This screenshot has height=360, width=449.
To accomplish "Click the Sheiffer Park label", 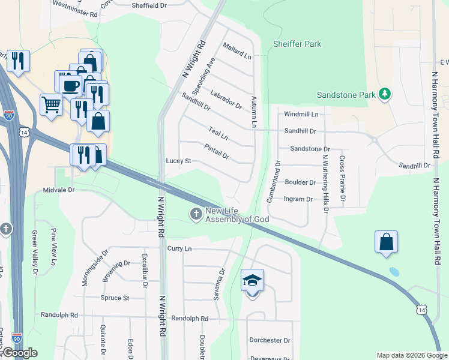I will pyautogui.click(x=297, y=44).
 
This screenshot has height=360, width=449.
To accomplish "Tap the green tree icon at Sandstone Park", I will pyautogui.click(x=385, y=94).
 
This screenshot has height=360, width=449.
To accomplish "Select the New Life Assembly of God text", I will pyautogui.click(x=237, y=215).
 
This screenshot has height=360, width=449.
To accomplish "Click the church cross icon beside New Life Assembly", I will pyautogui.click(x=196, y=214).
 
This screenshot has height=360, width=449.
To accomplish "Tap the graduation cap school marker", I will pyautogui.click(x=253, y=280).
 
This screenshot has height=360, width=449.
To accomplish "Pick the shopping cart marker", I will pyautogui.click(x=51, y=104).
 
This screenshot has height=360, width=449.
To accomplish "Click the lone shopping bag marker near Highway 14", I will pyautogui.click(x=387, y=242).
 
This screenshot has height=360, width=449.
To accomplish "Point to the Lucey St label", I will pyautogui.click(x=178, y=161).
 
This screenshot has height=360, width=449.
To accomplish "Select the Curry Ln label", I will pyautogui.click(x=179, y=248).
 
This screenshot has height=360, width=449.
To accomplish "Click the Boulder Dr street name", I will pyautogui.click(x=300, y=182).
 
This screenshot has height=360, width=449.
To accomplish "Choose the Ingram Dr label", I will pyautogui.click(x=298, y=199).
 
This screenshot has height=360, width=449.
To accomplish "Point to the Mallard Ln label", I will pyautogui.click(x=237, y=50).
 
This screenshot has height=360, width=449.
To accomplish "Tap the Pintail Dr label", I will pyautogui.click(x=217, y=151).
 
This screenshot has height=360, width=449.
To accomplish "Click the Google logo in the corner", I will pyautogui.click(x=20, y=353).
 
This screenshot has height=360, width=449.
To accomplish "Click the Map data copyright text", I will pyautogui.click(x=411, y=355).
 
